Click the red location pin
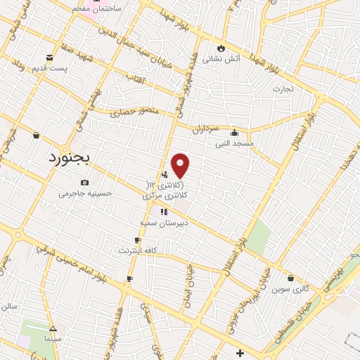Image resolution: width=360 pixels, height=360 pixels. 181,165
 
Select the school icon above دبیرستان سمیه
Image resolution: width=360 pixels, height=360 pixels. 164,212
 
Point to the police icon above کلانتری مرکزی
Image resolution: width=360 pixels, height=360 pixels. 165,174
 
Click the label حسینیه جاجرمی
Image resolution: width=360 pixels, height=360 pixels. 85,193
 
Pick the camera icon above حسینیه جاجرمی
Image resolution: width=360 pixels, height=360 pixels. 85,182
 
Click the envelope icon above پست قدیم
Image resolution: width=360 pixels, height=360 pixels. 49,58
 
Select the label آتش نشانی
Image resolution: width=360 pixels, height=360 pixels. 221,59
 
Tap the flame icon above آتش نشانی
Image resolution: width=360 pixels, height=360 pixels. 221,48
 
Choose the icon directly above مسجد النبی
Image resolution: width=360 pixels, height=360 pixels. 234,132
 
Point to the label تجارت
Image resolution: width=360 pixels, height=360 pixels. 283,89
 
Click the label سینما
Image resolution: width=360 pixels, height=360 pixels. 53,339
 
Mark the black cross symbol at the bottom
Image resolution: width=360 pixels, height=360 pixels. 240,352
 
